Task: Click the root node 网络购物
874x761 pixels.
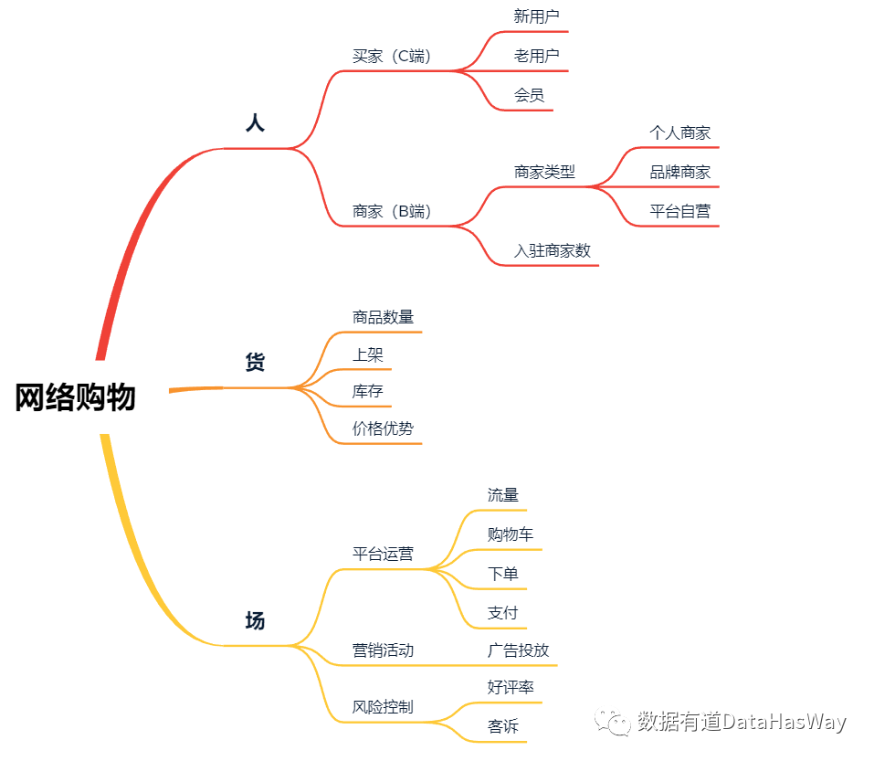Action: (75, 397)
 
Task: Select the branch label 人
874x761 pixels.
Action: (255, 123)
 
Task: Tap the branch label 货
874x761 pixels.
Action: (255, 363)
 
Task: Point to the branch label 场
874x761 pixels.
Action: (255, 621)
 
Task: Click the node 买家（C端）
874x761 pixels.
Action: (391, 56)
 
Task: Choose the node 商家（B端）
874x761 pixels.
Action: (391, 211)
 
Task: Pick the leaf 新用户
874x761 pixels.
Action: (536, 16)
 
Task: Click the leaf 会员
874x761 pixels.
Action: (529, 95)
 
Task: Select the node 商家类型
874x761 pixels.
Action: (544, 172)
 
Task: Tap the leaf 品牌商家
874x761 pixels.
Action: (679, 172)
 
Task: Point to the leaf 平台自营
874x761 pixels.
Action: (679, 211)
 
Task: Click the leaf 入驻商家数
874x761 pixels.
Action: (552, 250)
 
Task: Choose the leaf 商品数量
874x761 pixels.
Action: (383, 317)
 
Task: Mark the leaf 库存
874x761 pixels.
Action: (367, 392)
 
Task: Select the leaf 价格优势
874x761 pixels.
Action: (383, 428)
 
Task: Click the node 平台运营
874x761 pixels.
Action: (383, 554)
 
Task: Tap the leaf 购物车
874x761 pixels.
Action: (511, 534)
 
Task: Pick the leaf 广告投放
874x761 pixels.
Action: (518, 650)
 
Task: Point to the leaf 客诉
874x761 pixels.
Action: (503, 727)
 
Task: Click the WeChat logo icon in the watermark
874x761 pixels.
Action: (613, 722)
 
